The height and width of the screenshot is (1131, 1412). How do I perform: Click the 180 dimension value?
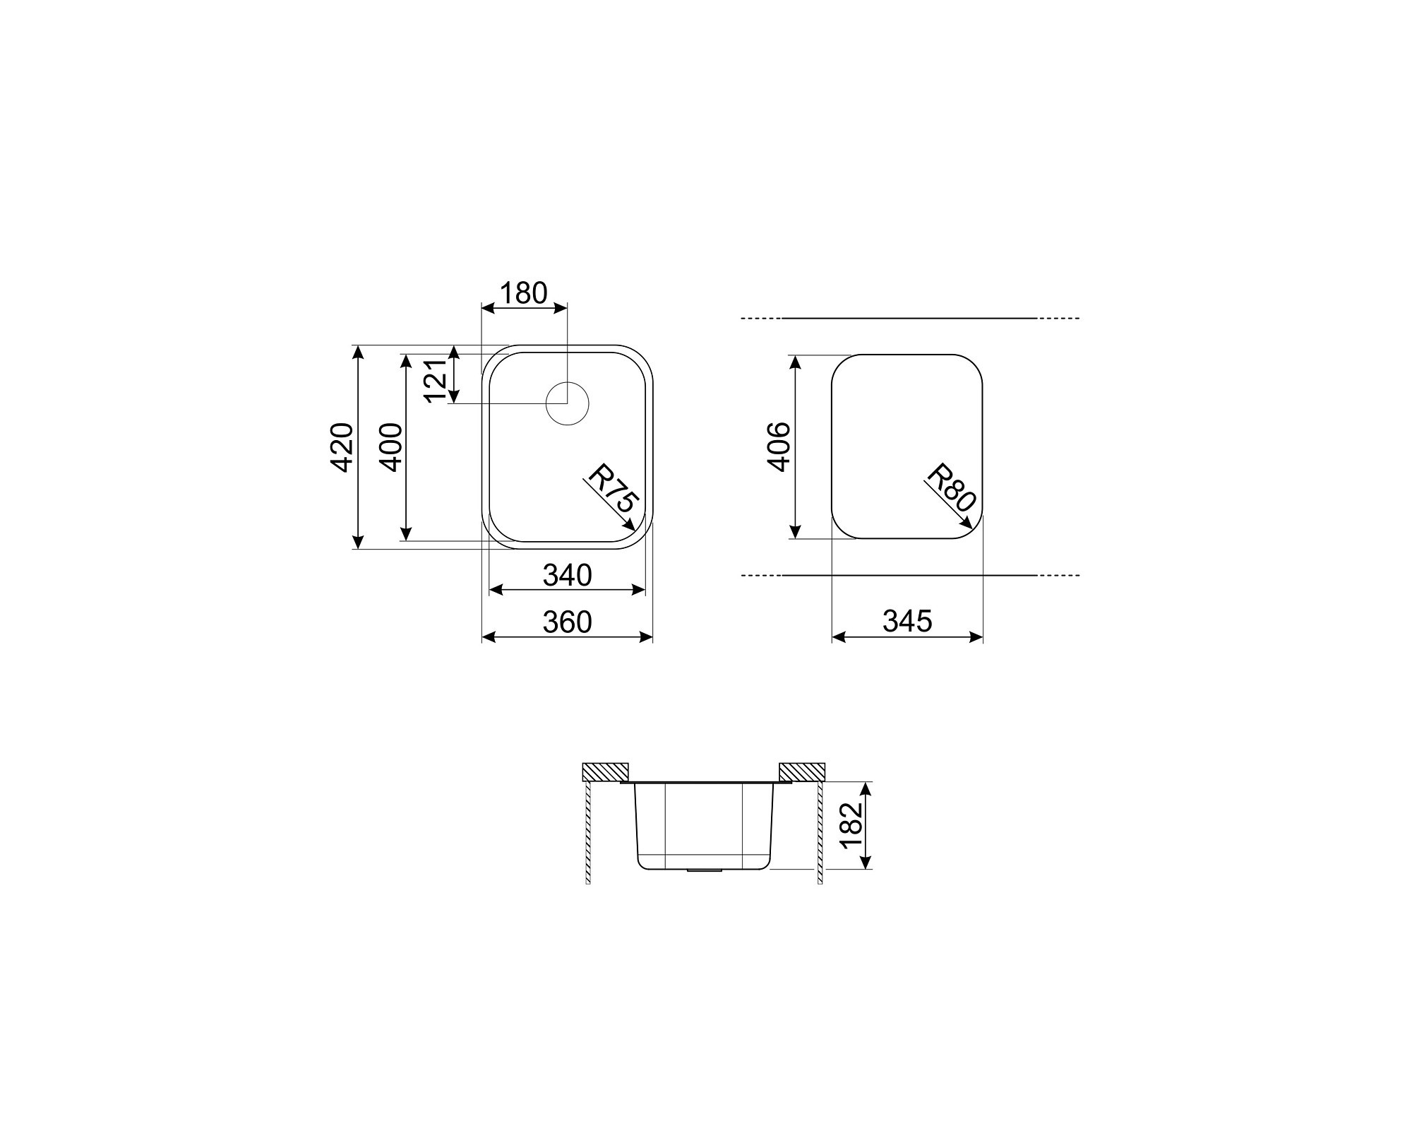click(x=523, y=292)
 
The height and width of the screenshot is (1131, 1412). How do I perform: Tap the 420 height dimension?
click(x=342, y=447)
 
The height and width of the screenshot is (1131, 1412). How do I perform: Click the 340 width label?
click(x=567, y=575)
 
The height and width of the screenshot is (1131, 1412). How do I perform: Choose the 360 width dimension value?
click(x=567, y=622)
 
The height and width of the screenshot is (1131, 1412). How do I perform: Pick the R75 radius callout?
click(x=614, y=488)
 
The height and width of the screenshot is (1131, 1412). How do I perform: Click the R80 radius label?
click(x=950, y=487)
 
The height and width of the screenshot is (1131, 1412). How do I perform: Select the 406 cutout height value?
click(x=779, y=447)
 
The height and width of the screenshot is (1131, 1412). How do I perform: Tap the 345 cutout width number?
click(x=907, y=621)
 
